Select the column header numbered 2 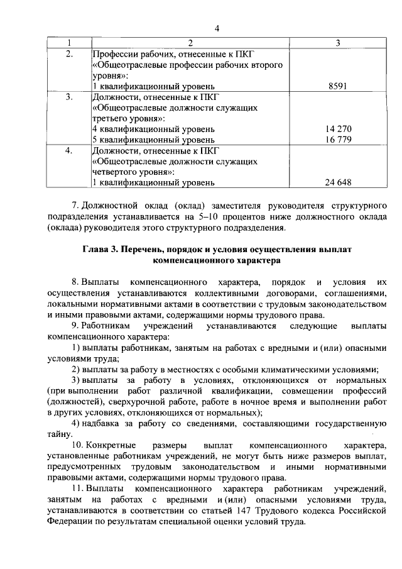click(190, 43)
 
